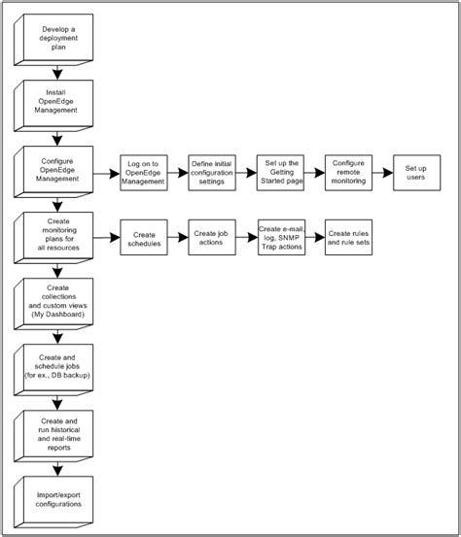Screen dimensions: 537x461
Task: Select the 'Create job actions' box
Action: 213,236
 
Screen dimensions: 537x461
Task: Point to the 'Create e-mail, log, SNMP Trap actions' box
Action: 280,236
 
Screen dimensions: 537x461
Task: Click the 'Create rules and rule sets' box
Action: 348,236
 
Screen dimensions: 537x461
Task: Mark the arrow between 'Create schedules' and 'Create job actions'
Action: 178,236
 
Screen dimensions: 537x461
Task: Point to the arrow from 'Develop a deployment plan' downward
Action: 58,70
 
